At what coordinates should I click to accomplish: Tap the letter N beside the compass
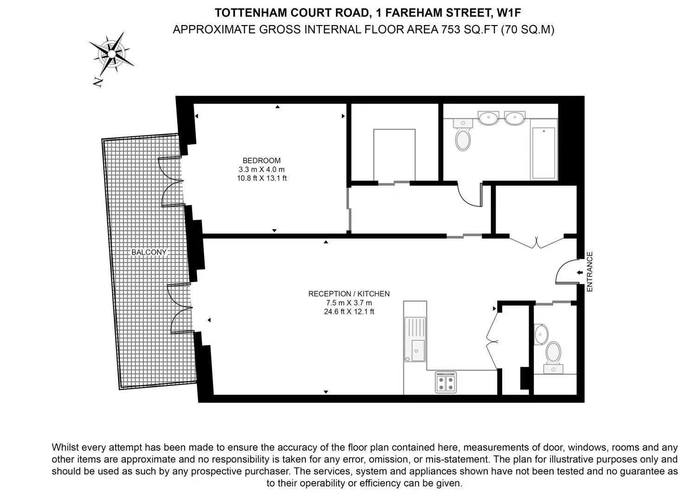tap(98, 82)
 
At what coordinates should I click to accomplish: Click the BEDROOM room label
tap(261, 160)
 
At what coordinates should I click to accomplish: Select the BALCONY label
tap(149, 252)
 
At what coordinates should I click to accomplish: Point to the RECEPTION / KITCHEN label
tap(349, 294)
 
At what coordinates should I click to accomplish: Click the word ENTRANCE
tap(589, 272)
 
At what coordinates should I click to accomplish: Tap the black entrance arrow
tap(580, 273)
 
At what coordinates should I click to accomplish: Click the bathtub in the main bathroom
tap(544, 153)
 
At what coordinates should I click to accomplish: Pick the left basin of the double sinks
tap(488, 118)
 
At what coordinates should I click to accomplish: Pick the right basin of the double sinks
tap(515, 118)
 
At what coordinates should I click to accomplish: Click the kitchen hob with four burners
tap(446, 383)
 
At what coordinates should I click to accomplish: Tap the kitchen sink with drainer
tap(415, 339)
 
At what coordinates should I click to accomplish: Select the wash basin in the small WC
tap(541, 334)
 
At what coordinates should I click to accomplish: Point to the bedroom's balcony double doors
tap(171, 181)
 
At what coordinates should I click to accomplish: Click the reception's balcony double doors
tap(180, 308)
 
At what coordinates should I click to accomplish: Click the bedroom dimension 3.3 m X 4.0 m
tap(262, 169)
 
